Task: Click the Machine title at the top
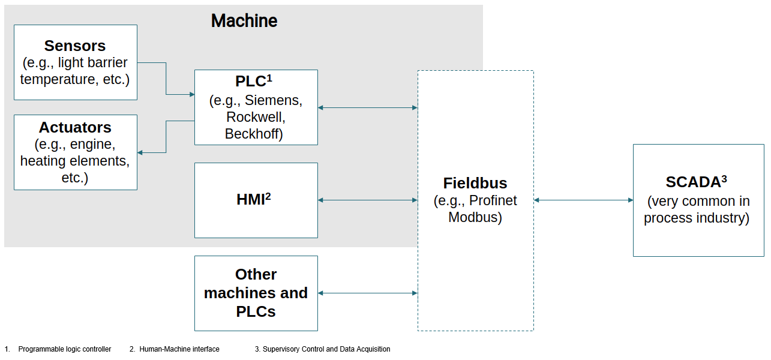coord(244,21)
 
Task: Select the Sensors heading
coord(75,46)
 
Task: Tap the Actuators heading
coord(75,127)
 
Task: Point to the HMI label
coord(253,199)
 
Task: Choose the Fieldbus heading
coord(475,183)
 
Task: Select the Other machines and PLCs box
coord(256,293)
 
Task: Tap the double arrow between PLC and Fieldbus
coord(367,107)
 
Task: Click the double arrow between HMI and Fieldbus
coord(367,200)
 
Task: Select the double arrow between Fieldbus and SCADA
coord(583,200)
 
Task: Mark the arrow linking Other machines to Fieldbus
coord(367,293)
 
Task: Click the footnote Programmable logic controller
coord(65,349)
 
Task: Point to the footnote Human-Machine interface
coord(179,349)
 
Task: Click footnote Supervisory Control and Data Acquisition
coord(326,349)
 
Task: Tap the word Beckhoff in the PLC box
coord(254,134)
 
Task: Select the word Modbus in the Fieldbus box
coord(475,217)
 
